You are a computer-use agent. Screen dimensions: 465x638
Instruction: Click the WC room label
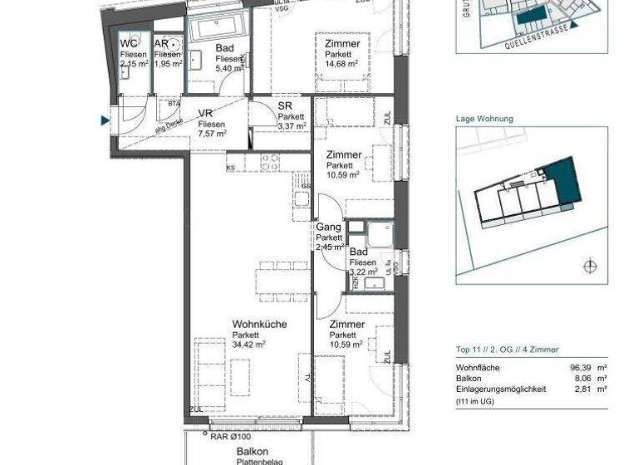coord(129,43)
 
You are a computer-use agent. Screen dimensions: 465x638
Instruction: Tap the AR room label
coord(162,43)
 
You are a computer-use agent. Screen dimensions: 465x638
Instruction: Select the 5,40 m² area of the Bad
coord(229,70)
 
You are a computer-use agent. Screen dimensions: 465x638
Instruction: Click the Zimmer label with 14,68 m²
coord(342,44)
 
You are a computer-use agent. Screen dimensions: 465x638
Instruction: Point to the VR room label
coord(206,114)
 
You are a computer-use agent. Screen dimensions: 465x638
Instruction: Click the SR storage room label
coord(285,106)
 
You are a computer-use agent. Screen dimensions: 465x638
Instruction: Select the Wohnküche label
coord(259,325)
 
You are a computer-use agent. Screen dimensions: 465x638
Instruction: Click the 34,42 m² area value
coord(249,345)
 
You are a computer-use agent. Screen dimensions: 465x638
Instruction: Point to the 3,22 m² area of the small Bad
coord(364,272)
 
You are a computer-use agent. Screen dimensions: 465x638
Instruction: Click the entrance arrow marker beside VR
coord(105,121)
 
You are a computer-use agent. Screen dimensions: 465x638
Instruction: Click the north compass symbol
coord(589,267)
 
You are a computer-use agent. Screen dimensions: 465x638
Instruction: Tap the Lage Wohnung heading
coord(484,119)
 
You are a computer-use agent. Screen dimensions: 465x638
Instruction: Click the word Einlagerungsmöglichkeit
coord(501,389)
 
